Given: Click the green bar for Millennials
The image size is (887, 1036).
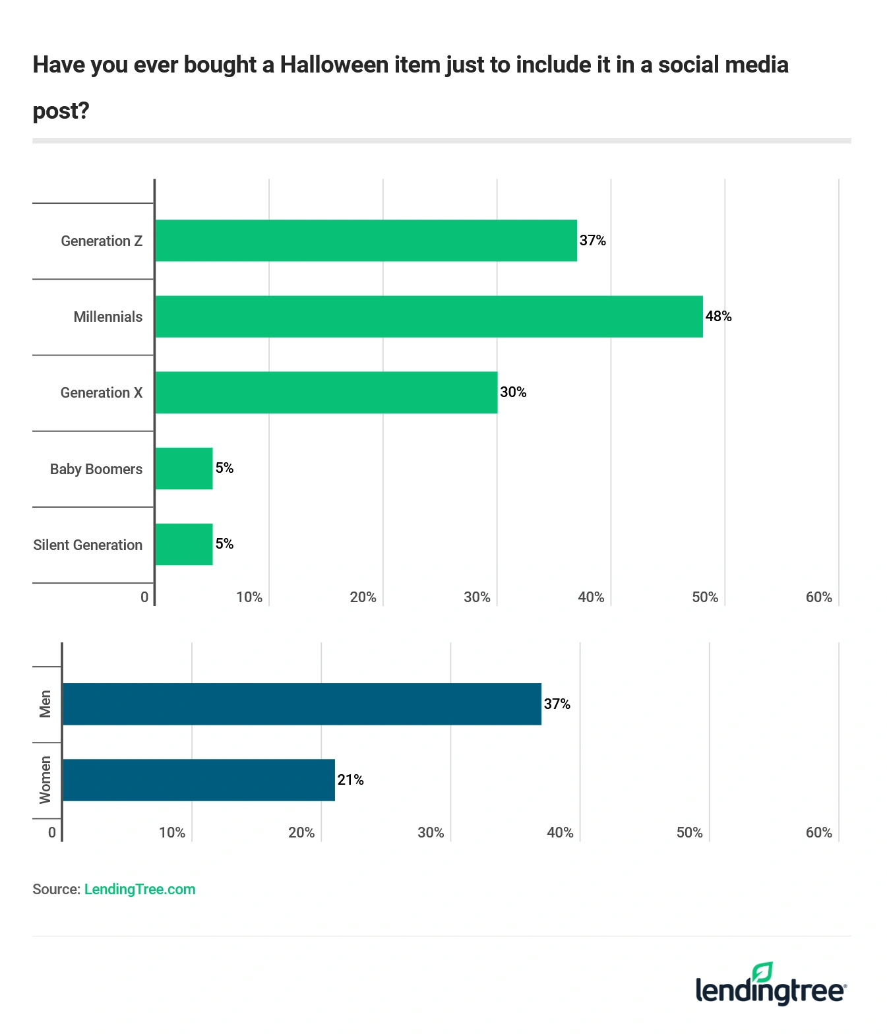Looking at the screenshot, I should pos(429,317).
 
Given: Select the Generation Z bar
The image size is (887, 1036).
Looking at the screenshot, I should pos(366,241).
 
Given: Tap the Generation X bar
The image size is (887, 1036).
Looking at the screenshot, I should pos(326,392).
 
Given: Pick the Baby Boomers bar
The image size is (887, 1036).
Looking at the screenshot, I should pos(184,469).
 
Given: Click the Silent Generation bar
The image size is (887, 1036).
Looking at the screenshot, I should pos(184,545).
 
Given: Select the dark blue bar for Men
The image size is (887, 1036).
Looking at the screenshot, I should pos(302,704).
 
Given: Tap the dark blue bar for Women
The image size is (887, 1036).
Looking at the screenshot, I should pos(199,780).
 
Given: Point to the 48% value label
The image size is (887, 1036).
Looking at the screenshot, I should pos(718,317).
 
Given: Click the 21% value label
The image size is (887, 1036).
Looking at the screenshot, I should pos(350,780).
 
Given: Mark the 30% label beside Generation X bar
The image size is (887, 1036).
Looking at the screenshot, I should pos(513,392).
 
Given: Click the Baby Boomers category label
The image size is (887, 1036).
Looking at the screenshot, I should pos(96,469).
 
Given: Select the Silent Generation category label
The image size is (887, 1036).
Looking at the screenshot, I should pos(88,545).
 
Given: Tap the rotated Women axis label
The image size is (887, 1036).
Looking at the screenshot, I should pos(45,780).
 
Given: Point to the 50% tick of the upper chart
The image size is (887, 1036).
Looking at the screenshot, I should pos(704,597).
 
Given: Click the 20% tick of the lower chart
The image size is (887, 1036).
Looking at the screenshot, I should pos(301,833).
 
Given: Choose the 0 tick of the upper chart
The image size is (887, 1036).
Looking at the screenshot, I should pos(144,597).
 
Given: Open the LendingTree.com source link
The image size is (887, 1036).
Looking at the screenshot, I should pos(140,889).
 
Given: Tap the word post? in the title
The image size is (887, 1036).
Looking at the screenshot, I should pos(61,111).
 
